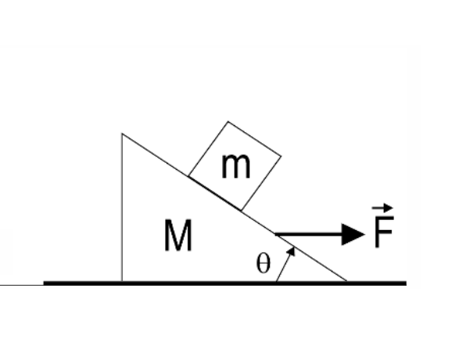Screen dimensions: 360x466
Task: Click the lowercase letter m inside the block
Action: pyautogui.click(x=235, y=166)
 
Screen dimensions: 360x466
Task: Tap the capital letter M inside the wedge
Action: pyautogui.click(x=178, y=237)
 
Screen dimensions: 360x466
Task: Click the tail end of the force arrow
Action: pyautogui.click(x=277, y=233)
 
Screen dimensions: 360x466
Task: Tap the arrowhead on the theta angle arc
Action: pyautogui.click(x=292, y=251)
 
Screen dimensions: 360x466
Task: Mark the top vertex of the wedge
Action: pyautogui.click(x=122, y=134)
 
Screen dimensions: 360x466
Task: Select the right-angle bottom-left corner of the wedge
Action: pyautogui.click(x=122, y=280)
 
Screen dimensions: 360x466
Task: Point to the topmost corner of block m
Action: pyautogui.click(x=228, y=122)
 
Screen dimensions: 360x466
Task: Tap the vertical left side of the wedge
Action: pyautogui.click(x=122, y=207)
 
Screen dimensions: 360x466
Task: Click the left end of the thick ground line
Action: pyautogui.click(x=45, y=283)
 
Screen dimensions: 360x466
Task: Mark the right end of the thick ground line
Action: pyautogui.click(x=405, y=283)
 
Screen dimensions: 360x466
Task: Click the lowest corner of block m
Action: pyautogui.click(x=242, y=210)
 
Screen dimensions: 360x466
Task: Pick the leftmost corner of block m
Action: pyautogui.click(x=188, y=175)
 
